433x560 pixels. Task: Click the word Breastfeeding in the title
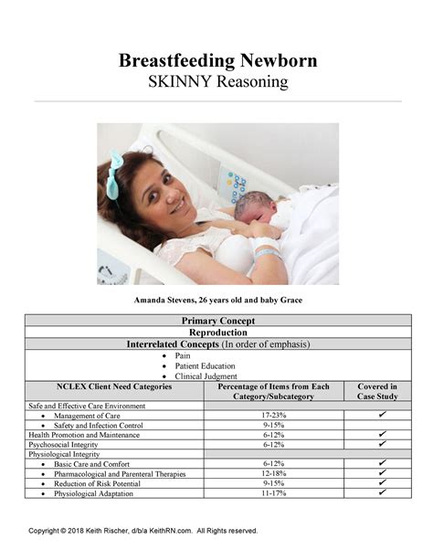coord(174,61)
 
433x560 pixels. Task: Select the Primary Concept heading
coord(218,321)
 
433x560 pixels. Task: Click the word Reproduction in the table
coord(218,333)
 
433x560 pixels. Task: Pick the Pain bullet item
coord(182,354)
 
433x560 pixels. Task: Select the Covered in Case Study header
coord(377,392)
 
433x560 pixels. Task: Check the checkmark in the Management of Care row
coord(382,415)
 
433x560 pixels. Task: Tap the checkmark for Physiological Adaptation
coord(382,493)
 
